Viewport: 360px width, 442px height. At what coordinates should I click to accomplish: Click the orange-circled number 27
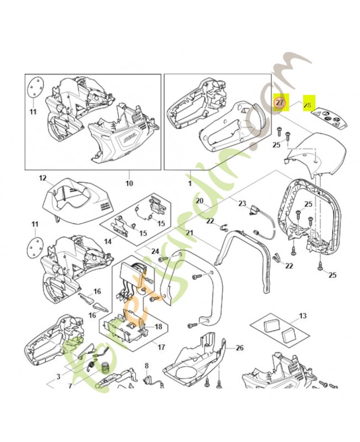tap(280, 103)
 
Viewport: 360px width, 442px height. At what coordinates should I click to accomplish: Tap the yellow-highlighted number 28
tap(308, 103)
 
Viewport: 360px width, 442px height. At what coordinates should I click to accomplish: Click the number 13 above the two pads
tap(302, 315)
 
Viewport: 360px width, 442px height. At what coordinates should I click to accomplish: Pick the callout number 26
tap(239, 348)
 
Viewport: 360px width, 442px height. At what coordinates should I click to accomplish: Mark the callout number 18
tap(158, 327)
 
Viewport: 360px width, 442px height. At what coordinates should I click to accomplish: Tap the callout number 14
tap(108, 241)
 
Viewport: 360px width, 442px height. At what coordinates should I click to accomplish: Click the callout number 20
tap(200, 201)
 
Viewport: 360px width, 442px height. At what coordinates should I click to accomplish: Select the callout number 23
tap(241, 203)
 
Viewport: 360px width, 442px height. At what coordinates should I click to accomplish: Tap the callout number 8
tap(146, 366)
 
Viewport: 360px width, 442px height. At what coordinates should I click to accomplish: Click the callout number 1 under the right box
tap(189, 183)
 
